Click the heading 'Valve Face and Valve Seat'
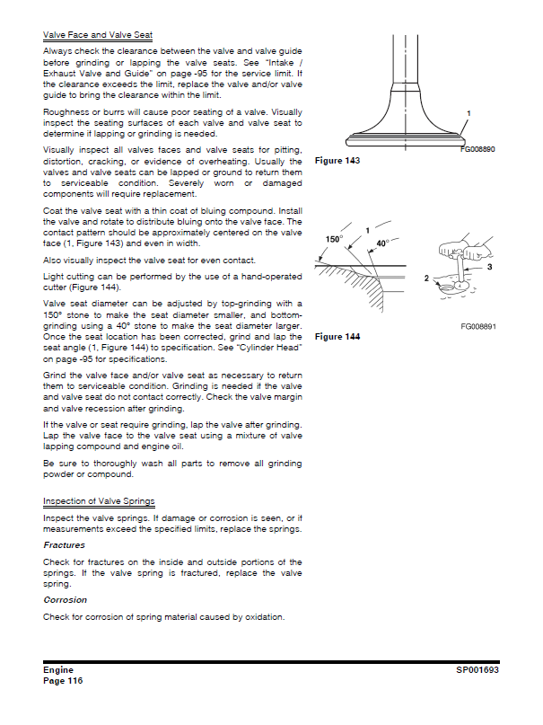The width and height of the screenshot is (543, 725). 98,35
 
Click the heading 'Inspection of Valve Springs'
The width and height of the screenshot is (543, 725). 99,500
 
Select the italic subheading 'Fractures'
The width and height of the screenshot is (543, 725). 64,544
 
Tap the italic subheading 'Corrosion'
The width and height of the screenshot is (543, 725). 65,599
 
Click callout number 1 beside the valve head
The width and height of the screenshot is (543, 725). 469,113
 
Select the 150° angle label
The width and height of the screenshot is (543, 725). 334,240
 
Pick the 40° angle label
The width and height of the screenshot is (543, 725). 381,243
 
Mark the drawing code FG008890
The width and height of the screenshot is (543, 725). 478,149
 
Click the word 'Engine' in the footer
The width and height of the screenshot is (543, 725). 58,670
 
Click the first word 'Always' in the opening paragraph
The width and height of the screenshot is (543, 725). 58,51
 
